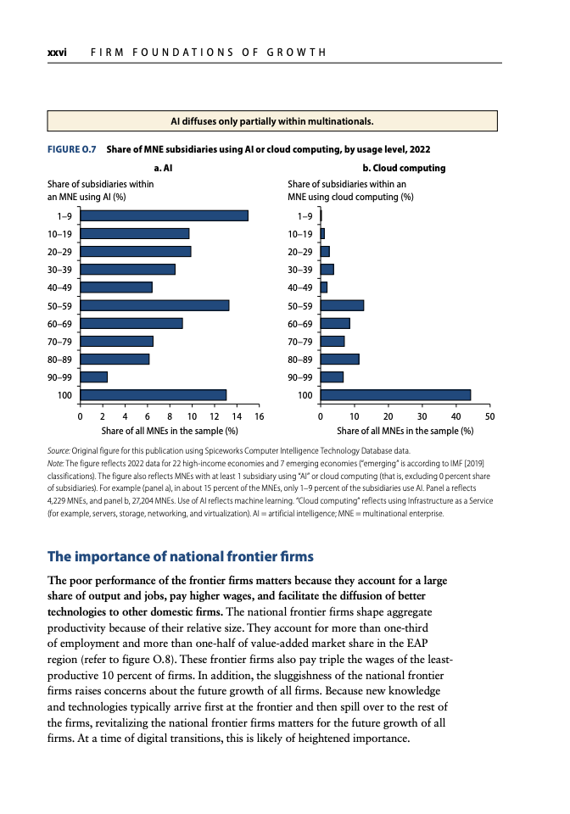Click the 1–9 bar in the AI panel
(164, 216)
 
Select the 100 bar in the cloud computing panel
(395, 395)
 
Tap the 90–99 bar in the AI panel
(94, 377)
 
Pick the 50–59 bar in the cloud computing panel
(342, 305)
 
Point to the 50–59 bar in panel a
(154, 305)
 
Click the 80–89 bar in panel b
(340, 360)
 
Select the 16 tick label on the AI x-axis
(259, 416)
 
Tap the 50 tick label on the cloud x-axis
(489, 416)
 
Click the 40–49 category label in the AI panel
(59, 287)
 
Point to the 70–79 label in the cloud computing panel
(300, 342)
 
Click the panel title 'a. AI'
(163, 168)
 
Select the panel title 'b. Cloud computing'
(404, 168)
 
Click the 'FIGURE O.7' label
(71, 149)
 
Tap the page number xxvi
(57, 53)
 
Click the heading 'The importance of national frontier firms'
(181, 556)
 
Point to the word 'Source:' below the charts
(59, 450)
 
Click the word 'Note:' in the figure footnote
(55, 463)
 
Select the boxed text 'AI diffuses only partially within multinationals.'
(272, 121)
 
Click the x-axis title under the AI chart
(170, 431)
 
